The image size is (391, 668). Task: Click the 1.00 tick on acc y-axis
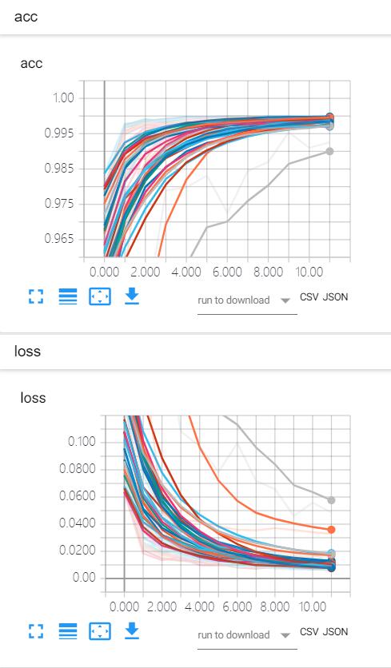point(60,98)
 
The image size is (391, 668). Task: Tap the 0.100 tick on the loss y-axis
point(81,441)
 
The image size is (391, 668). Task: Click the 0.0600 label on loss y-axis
point(78,496)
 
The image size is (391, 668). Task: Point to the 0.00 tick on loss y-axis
point(83,578)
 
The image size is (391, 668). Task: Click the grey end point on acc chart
point(329,151)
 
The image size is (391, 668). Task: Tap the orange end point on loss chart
point(331,529)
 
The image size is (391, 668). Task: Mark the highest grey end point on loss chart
point(331,499)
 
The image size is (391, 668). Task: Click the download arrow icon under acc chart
point(133,296)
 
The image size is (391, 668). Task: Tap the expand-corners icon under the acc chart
point(34,296)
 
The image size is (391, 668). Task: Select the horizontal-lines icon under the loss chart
point(68,632)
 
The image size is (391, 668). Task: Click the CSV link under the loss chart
point(309,632)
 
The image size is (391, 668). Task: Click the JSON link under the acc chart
point(335,296)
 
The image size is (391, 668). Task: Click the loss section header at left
point(27,351)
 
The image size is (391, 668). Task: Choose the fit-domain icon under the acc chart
point(100,296)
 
